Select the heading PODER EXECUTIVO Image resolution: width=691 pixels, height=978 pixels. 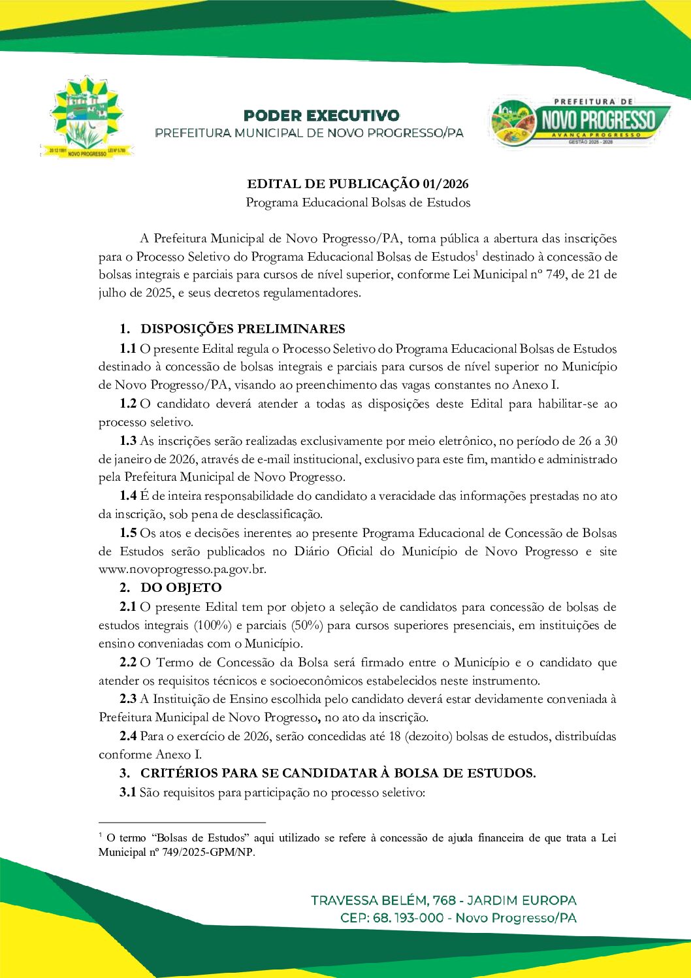click(x=321, y=116)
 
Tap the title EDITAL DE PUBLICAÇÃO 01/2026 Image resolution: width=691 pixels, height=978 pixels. click(x=357, y=184)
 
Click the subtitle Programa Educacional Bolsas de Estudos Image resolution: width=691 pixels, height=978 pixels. click(x=358, y=203)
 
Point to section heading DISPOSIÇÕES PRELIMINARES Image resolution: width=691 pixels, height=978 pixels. click(x=243, y=329)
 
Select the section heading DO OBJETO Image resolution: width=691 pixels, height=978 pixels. click(x=181, y=587)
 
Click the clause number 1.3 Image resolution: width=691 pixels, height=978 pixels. click(x=128, y=441)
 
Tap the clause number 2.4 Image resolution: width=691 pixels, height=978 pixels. click(x=128, y=736)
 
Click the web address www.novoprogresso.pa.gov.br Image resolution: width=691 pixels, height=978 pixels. click(x=182, y=569)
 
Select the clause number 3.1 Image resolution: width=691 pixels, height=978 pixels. click(x=128, y=792)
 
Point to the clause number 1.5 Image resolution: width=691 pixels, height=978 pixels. click(x=128, y=533)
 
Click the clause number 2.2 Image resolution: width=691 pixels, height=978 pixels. click(x=128, y=662)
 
